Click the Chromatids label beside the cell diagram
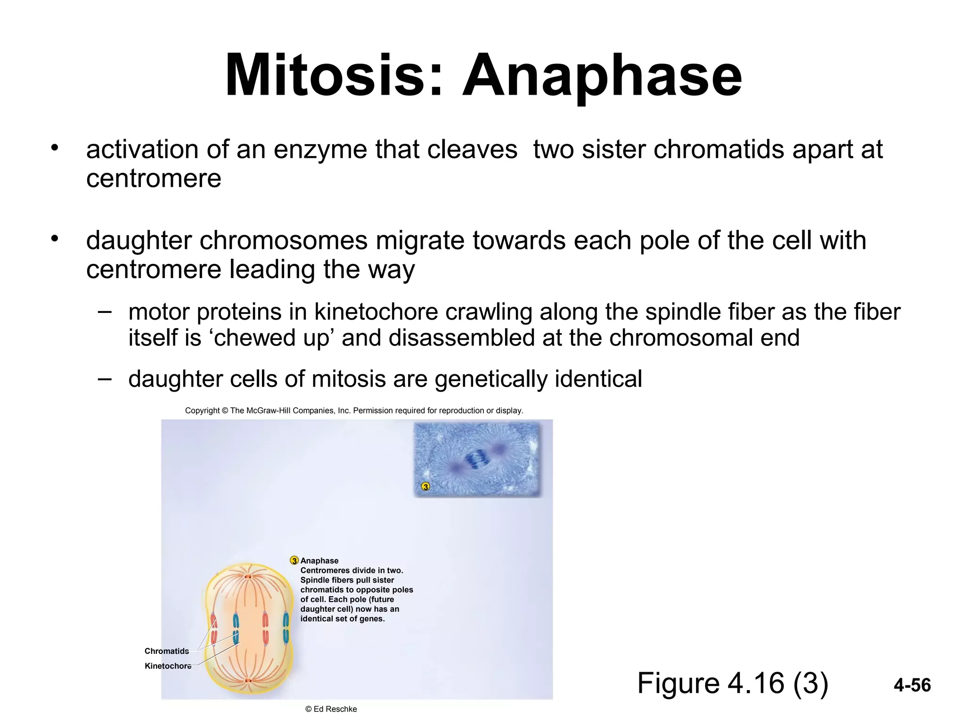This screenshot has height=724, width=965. [166, 651]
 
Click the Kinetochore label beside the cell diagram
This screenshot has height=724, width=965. [168, 666]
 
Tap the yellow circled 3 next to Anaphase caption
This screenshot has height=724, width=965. [294, 560]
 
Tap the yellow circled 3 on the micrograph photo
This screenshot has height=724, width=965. [425, 486]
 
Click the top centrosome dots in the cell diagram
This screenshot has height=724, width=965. [248, 576]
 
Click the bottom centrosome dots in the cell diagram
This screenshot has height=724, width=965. [248, 680]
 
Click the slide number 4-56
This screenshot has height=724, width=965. [912, 685]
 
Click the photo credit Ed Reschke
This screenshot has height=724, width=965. [335, 709]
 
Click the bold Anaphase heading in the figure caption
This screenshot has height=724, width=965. [319, 560]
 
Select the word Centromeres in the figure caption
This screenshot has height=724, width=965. [325, 570]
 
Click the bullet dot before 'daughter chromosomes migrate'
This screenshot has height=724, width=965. [55, 239]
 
